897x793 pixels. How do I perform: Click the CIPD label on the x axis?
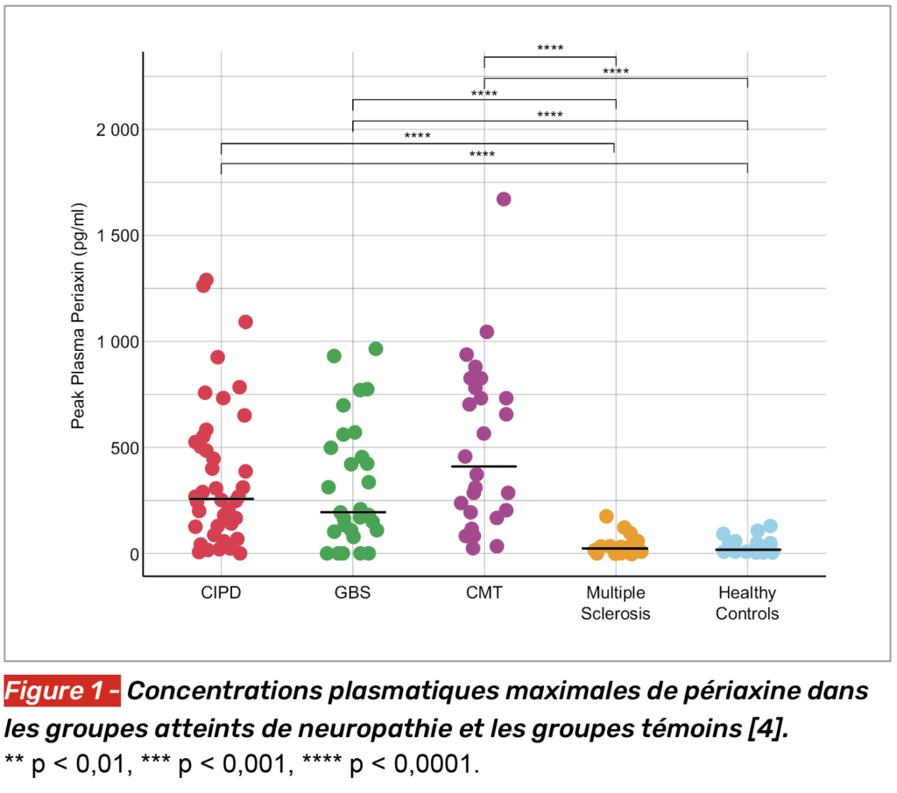pos(221,593)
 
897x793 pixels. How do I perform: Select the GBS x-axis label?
pos(352,593)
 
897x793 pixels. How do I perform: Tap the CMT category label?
pos(484,593)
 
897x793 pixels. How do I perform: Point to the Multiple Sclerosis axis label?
pos(616,603)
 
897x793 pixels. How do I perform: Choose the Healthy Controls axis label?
pos(747,603)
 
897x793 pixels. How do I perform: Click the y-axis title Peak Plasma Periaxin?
pos(78,316)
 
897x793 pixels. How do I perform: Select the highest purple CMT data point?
pos(504,199)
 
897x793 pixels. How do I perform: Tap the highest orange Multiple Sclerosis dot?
pos(606,516)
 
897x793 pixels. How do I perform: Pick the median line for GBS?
pos(352,512)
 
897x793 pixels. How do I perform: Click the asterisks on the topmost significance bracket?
pos(550,48)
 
